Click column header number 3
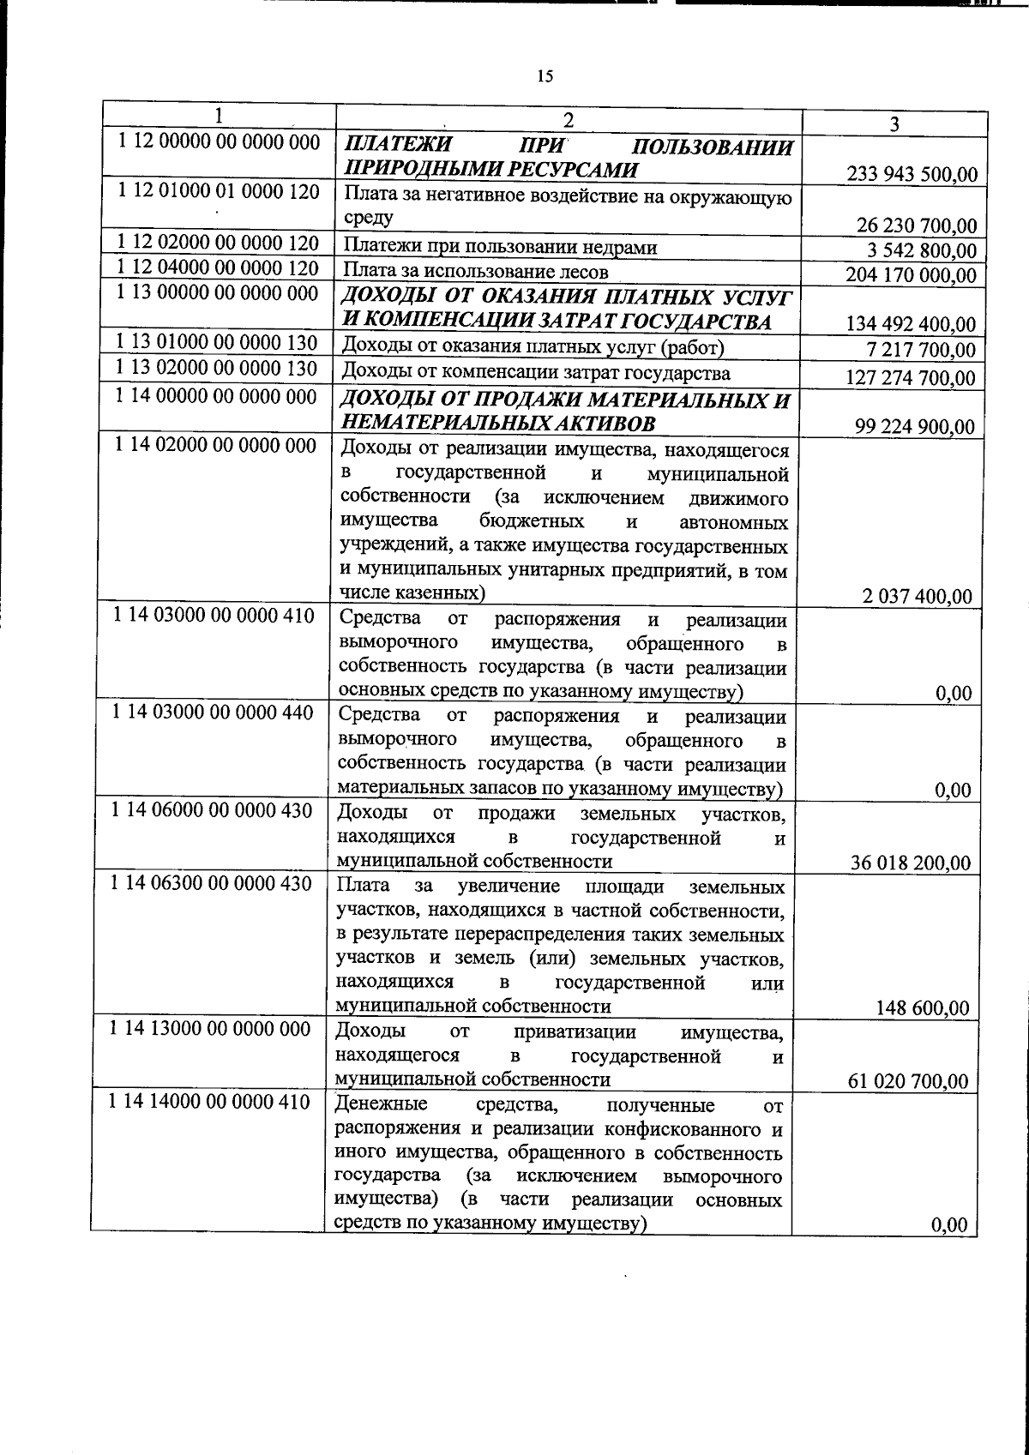click(894, 124)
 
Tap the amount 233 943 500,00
click(912, 175)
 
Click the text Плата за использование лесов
click(475, 272)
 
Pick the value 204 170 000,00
click(911, 275)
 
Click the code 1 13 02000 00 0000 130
click(216, 369)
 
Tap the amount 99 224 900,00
click(915, 427)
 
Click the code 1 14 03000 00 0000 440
click(214, 712)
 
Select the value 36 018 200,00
click(911, 863)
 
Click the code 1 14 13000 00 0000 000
click(212, 1028)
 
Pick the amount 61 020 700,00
click(910, 1081)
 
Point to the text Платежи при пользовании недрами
click(500, 248)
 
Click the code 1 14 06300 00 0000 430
click(212, 882)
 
